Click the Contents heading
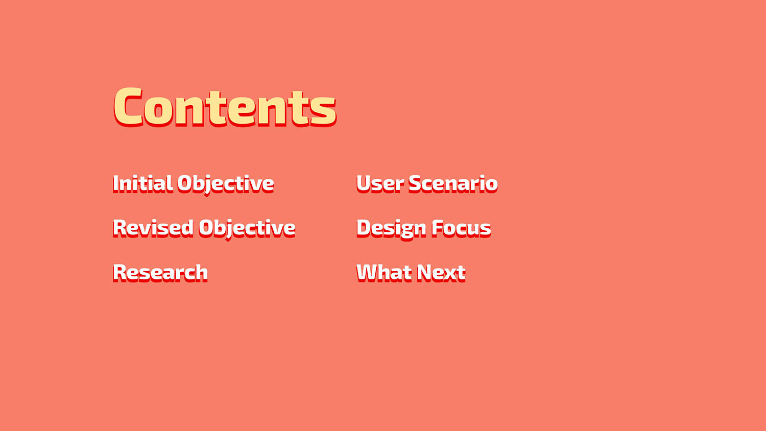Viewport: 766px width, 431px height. (225, 107)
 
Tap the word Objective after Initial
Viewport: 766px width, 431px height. (226, 185)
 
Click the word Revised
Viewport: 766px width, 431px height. (153, 228)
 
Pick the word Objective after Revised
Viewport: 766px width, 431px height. (247, 229)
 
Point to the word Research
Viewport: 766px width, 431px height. (160, 273)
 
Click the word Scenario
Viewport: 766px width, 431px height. (453, 184)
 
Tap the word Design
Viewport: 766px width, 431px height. (392, 229)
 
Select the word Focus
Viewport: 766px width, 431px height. (461, 228)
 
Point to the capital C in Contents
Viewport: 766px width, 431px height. (128, 107)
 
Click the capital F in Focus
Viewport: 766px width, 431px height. (438, 228)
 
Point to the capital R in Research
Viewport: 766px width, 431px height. (120, 273)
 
